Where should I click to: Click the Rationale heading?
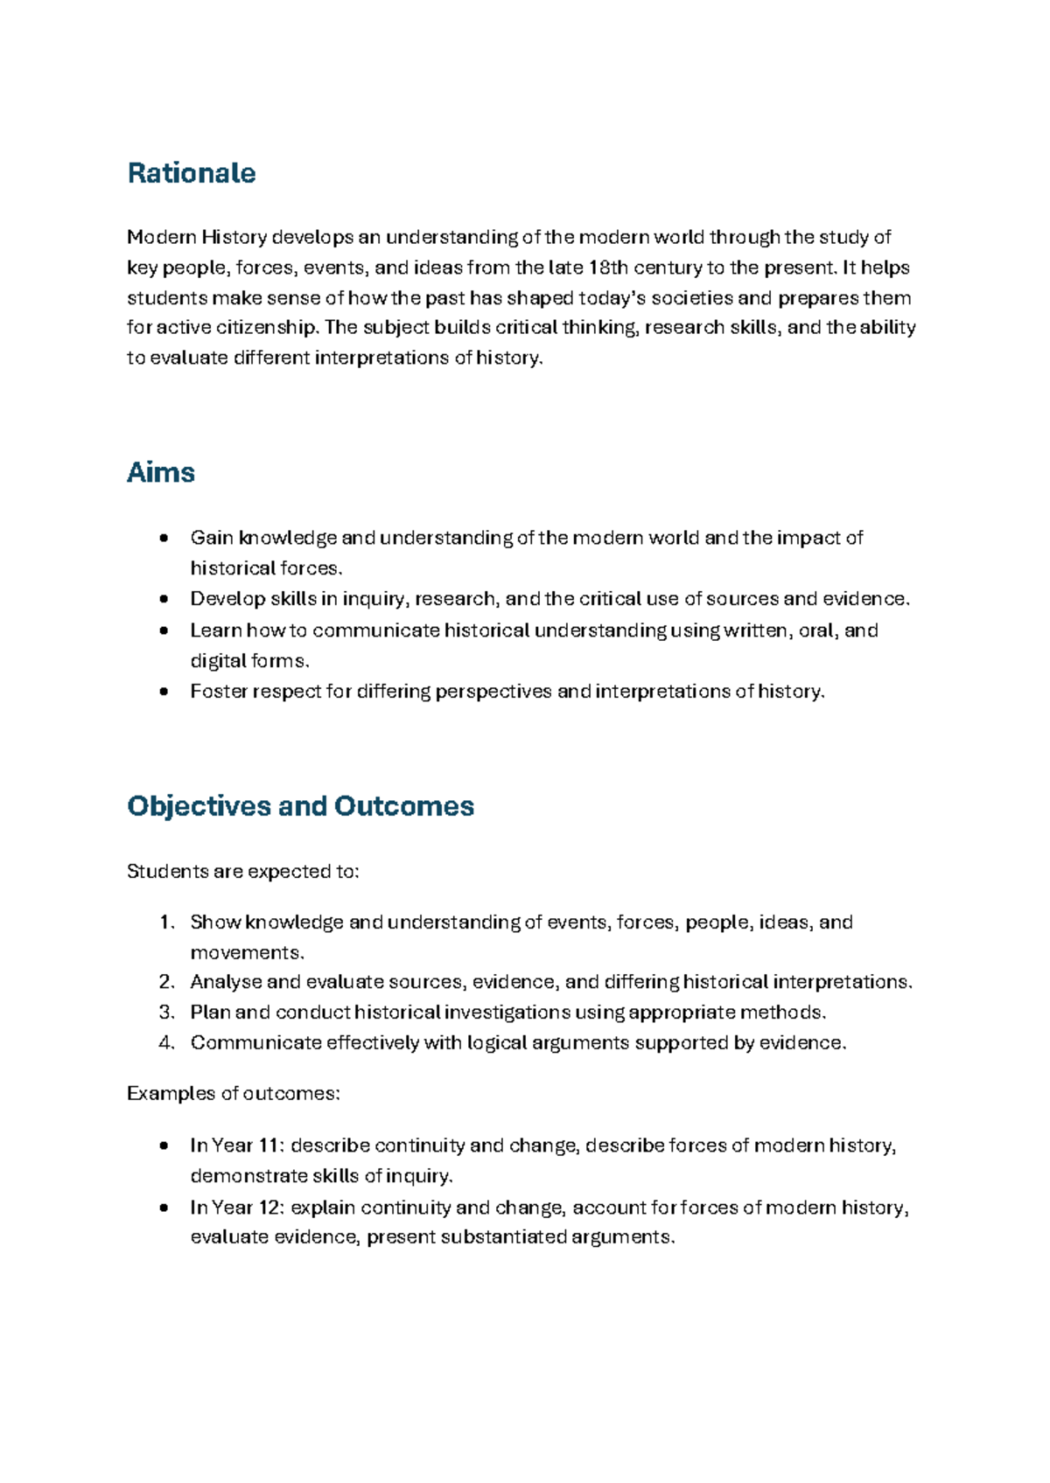[191, 173]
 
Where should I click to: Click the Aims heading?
[160, 473]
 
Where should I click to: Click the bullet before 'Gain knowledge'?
[164, 539]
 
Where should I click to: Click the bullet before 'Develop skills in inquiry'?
[164, 600]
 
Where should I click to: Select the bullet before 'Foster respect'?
[164, 693]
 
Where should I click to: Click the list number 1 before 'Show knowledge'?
[166, 923]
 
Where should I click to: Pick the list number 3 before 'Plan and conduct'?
[166, 1013]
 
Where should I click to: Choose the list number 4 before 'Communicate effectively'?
[166, 1043]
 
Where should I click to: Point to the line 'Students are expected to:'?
[242, 872]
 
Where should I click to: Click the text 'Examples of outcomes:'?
[233, 1094]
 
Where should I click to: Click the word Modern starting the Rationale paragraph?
[161, 237]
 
